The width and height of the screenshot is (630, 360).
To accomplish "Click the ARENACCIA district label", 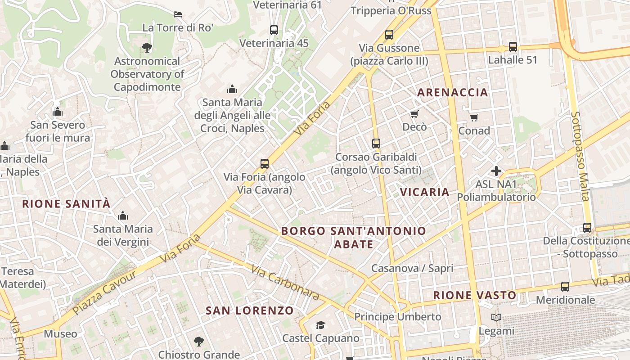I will pyautogui.click(x=452, y=93).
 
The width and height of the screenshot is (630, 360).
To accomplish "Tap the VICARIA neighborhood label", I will pyautogui.click(x=425, y=192).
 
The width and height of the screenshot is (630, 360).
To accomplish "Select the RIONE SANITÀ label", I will pyautogui.click(x=66, y=204).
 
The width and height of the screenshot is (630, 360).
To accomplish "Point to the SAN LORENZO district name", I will pyautogui.click(x=249, y=310).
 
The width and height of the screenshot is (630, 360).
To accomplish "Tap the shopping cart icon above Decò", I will pyautogui.click(x=414, y=114).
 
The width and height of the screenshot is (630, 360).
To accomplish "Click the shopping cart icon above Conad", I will pyautogui.click(x=474, y=117).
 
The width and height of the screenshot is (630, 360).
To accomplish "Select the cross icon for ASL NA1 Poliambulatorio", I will pyautogui.click(x=496, y=171).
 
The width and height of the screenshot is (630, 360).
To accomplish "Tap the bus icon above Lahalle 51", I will pyautogui.click(x=513, y=46).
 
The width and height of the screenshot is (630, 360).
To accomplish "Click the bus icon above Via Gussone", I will pyautogui.click(x=389, y=34).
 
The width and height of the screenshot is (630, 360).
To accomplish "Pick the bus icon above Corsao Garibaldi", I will pyautogui.click(x=376, y=144).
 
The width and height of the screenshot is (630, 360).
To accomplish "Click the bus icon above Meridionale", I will pyautogui.click(x=565, y=287).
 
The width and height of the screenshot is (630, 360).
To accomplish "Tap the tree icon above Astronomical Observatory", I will pyautogui.click(x=146, y=47).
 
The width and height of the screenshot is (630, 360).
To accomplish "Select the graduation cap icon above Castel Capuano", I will pyautogui.click(x=320, y=325).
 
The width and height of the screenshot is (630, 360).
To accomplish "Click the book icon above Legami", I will pyautogui.click(x=496, y=318).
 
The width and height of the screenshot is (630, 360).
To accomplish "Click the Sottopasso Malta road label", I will pyautogui.click(x=580, y=156).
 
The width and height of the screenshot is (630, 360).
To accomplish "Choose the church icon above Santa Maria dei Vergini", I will pyautogui.click(x=122, y=216).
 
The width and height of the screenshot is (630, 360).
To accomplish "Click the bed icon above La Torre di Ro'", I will pyautogui.click(x=178, y=14).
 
